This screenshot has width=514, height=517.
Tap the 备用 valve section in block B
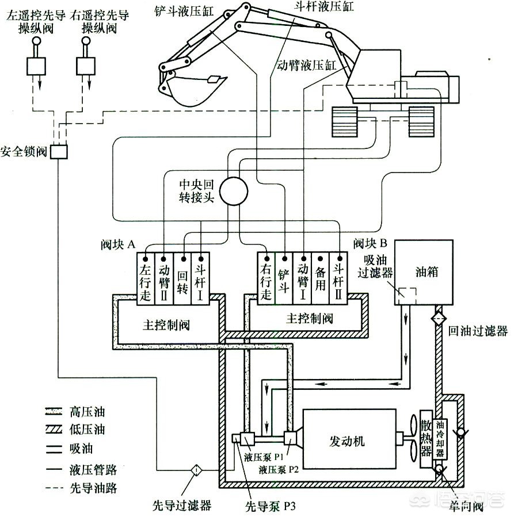click(319, 279)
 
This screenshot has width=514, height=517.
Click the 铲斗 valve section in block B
click(283, 279)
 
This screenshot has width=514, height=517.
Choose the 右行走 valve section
click(265, 279)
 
